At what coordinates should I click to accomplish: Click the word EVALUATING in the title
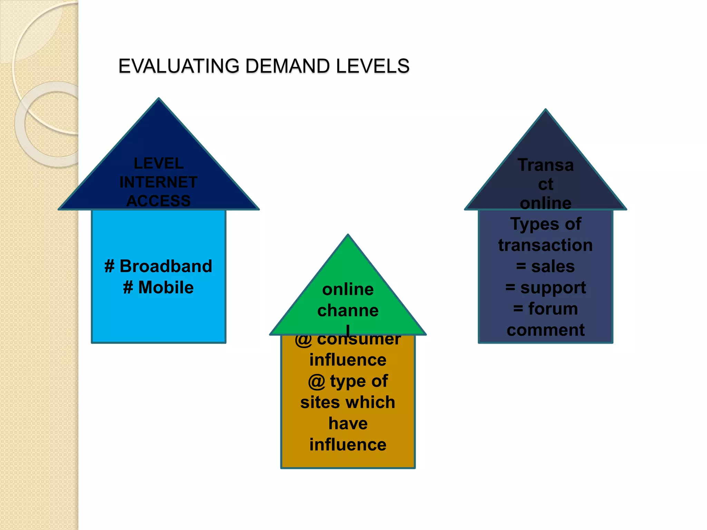coord(178,66)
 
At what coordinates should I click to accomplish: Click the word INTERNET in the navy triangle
coord(158,182)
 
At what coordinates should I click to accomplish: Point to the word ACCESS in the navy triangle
coord(158,201)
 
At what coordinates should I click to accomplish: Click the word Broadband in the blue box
coord(166,266)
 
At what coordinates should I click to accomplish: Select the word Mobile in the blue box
coord(166,287)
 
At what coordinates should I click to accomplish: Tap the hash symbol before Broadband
coord(109,266)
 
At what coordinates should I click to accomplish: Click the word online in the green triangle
coord(348,289)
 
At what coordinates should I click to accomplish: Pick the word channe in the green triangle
coord(348,310)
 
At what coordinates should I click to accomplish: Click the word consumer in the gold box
coord(359,340)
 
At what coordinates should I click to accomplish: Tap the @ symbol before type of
coord(317,382)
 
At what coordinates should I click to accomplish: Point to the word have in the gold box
coord(348,423)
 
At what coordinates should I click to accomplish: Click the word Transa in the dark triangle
coord(545,165)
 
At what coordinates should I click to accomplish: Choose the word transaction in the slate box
coord(545,245)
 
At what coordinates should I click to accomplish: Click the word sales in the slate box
coord(553,267)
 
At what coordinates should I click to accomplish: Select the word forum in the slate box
coord(553,309)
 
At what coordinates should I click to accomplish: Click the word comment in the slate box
coord(545,330)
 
